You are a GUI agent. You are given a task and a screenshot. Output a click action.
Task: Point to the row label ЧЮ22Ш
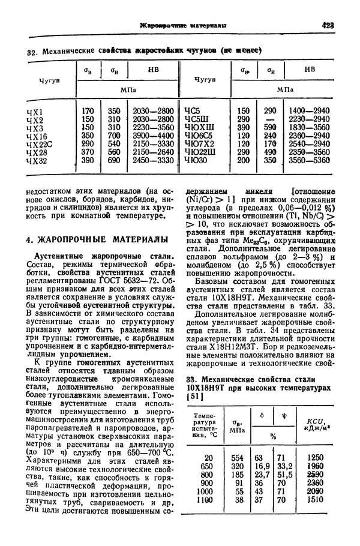click(x=202, y=152)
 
